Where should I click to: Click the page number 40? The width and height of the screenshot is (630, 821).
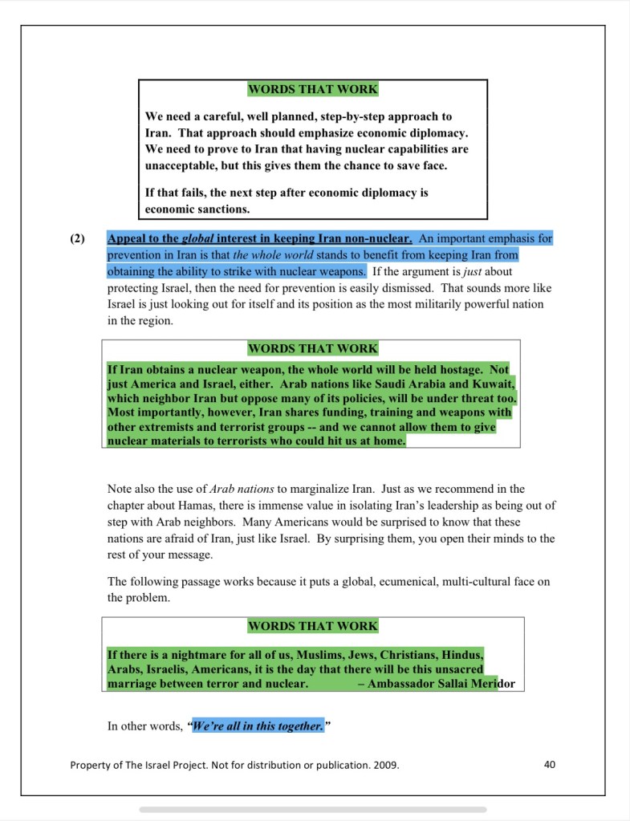[549, 764]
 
